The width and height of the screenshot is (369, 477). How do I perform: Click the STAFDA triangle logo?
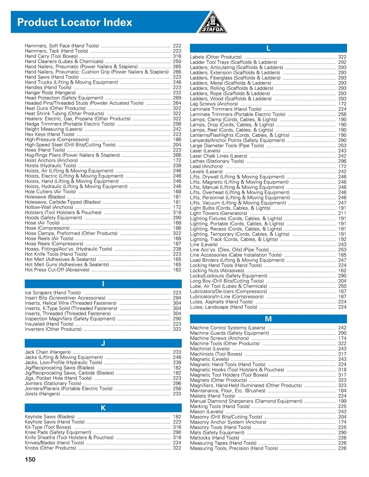213,23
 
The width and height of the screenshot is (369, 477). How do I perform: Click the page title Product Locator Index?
75,22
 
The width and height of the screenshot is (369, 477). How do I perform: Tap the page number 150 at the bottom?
30,459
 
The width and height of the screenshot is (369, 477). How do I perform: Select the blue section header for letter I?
103,284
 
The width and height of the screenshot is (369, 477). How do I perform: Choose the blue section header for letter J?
103,343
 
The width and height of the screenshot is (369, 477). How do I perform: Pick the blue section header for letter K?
103,408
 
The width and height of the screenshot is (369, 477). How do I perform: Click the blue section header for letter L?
268,48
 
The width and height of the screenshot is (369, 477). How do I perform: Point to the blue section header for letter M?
268,319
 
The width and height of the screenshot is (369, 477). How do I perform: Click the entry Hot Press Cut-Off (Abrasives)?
57,270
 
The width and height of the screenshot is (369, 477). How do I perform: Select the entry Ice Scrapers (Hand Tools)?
53,293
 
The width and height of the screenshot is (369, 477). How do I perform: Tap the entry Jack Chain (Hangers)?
48,352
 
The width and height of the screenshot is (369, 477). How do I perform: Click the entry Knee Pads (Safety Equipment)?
58,432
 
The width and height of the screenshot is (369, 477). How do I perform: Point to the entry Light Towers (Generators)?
218,213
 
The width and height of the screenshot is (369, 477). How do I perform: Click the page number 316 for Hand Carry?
177,57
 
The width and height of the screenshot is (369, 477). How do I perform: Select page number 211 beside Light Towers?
342,213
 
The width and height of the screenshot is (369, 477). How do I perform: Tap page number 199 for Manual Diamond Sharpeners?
342,401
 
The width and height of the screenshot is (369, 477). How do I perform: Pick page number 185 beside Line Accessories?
342,255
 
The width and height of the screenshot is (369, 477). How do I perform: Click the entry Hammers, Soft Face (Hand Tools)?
62,46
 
